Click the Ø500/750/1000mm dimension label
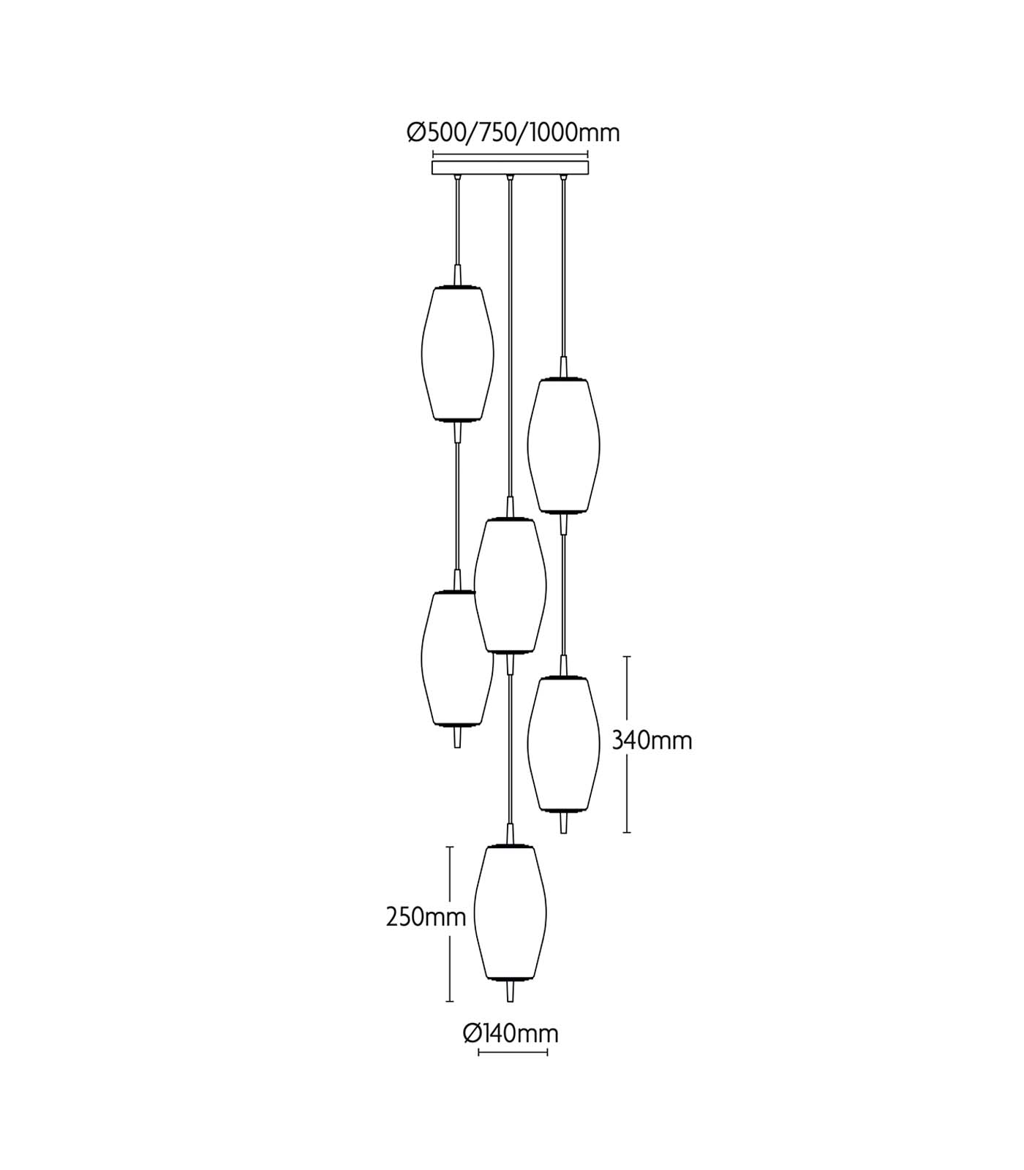(x=513, y=133)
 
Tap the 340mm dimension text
(x=652, y=741)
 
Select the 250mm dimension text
(x=426, y=917)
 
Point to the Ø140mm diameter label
(x=511, y=1033)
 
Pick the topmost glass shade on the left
(x=458, y=353)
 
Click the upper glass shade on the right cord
(x=564, y=445)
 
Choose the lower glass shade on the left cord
(x=458, y=659)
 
